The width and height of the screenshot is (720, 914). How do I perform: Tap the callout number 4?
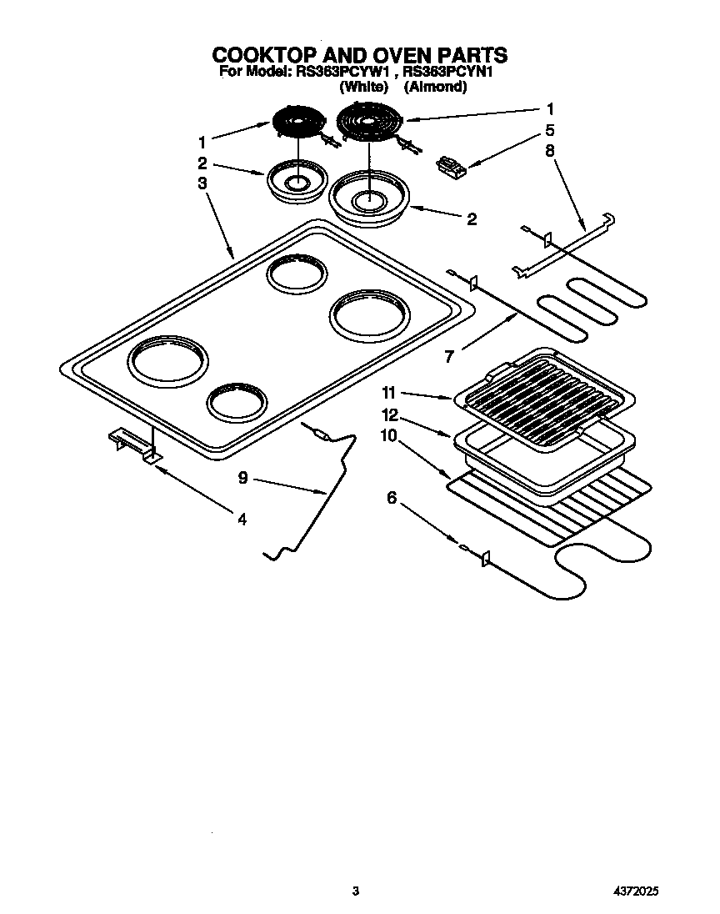point(241,519)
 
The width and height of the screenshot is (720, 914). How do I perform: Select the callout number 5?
point(549,130)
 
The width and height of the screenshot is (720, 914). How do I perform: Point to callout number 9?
point(242,478)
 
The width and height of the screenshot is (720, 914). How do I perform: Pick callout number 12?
point(389,414)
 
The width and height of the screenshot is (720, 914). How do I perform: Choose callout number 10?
point(389,435)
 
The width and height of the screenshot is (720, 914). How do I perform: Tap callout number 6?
point(392,498)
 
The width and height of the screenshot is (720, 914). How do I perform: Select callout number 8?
point(549,152)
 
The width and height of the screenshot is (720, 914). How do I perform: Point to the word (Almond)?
point(435,86)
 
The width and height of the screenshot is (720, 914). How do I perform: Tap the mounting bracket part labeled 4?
point(133,443)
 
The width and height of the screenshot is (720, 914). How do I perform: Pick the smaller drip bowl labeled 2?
point(296,179)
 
